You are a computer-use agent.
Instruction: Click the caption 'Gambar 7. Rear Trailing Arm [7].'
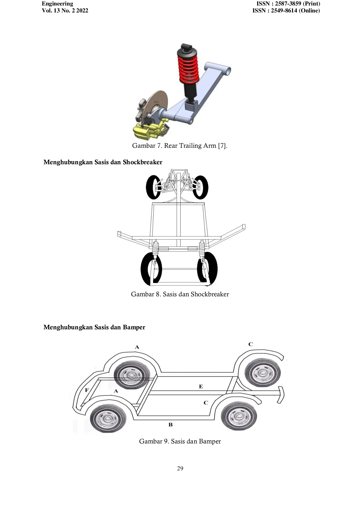coord(180,146)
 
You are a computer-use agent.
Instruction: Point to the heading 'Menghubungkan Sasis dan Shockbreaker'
coord(103,162)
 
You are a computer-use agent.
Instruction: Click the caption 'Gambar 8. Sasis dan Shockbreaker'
coord(180,294)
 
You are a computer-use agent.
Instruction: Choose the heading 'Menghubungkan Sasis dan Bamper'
coord(94,327)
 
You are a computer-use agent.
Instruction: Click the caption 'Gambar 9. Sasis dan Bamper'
coord(180,441)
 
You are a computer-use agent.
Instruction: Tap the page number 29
coord(180,468)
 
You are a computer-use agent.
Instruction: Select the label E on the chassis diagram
coord(201,386)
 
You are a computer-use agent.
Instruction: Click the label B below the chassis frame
coord(170,425)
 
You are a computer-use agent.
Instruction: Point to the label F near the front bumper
coord(87,390)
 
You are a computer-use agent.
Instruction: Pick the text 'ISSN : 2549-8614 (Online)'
coord(286,11)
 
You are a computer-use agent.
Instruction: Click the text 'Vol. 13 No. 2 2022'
coord(65,11)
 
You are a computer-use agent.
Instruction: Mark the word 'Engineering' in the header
coord(57,4)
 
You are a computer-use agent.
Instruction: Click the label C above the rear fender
coord(251,344)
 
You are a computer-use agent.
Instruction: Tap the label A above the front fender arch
coord(137,347)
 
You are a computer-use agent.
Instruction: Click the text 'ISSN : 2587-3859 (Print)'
coord(288,4)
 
